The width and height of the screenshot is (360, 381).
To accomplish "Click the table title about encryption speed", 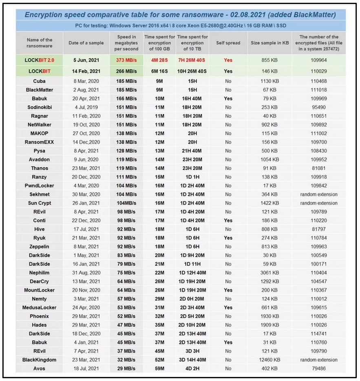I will pos(180,15).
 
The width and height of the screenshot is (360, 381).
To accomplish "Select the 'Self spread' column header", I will pos(228,43).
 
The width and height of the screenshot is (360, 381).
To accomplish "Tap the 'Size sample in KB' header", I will pos(269,43).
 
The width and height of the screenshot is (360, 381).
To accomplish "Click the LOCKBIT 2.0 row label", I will pos(39,60).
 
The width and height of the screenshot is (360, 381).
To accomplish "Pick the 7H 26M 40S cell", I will pos(193,60).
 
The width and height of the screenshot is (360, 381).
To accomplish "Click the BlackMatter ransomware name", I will pos(39,90).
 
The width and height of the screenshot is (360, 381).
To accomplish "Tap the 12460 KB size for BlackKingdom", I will pos(269,360).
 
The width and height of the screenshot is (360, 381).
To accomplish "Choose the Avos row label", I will pos(39,369).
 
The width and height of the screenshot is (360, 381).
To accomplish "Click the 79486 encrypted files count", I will pos(319,369).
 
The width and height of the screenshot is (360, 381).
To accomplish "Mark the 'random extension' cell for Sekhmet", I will pos(319,194).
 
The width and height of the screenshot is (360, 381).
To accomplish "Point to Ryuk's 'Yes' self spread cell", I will pos(228,238).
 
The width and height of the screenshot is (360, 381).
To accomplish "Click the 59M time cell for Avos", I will pos(159,369).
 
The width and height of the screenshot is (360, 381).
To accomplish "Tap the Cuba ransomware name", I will pos(39,81).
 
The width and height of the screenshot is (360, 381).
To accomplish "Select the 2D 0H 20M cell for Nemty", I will pos(193,299).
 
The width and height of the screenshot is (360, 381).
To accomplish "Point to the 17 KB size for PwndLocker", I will pos(269,185).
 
